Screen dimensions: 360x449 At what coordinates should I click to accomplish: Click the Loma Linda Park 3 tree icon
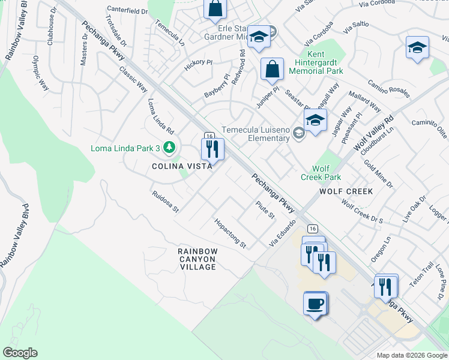170,148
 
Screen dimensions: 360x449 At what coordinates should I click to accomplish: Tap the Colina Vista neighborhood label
181,166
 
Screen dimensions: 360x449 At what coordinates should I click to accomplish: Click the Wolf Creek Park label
326,173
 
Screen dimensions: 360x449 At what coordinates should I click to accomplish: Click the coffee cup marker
315,303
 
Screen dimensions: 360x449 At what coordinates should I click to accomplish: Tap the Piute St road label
265,210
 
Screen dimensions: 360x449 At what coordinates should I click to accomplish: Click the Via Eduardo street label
283,233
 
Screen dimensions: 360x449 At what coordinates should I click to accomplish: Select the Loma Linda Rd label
160,116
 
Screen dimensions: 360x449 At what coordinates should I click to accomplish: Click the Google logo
20,353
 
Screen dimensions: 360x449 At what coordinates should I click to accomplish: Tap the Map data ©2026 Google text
411,355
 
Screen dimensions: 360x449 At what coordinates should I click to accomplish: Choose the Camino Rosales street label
389,89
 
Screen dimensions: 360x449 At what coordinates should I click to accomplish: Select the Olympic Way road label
40,74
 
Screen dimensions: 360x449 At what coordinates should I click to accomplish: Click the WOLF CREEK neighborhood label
346,191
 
